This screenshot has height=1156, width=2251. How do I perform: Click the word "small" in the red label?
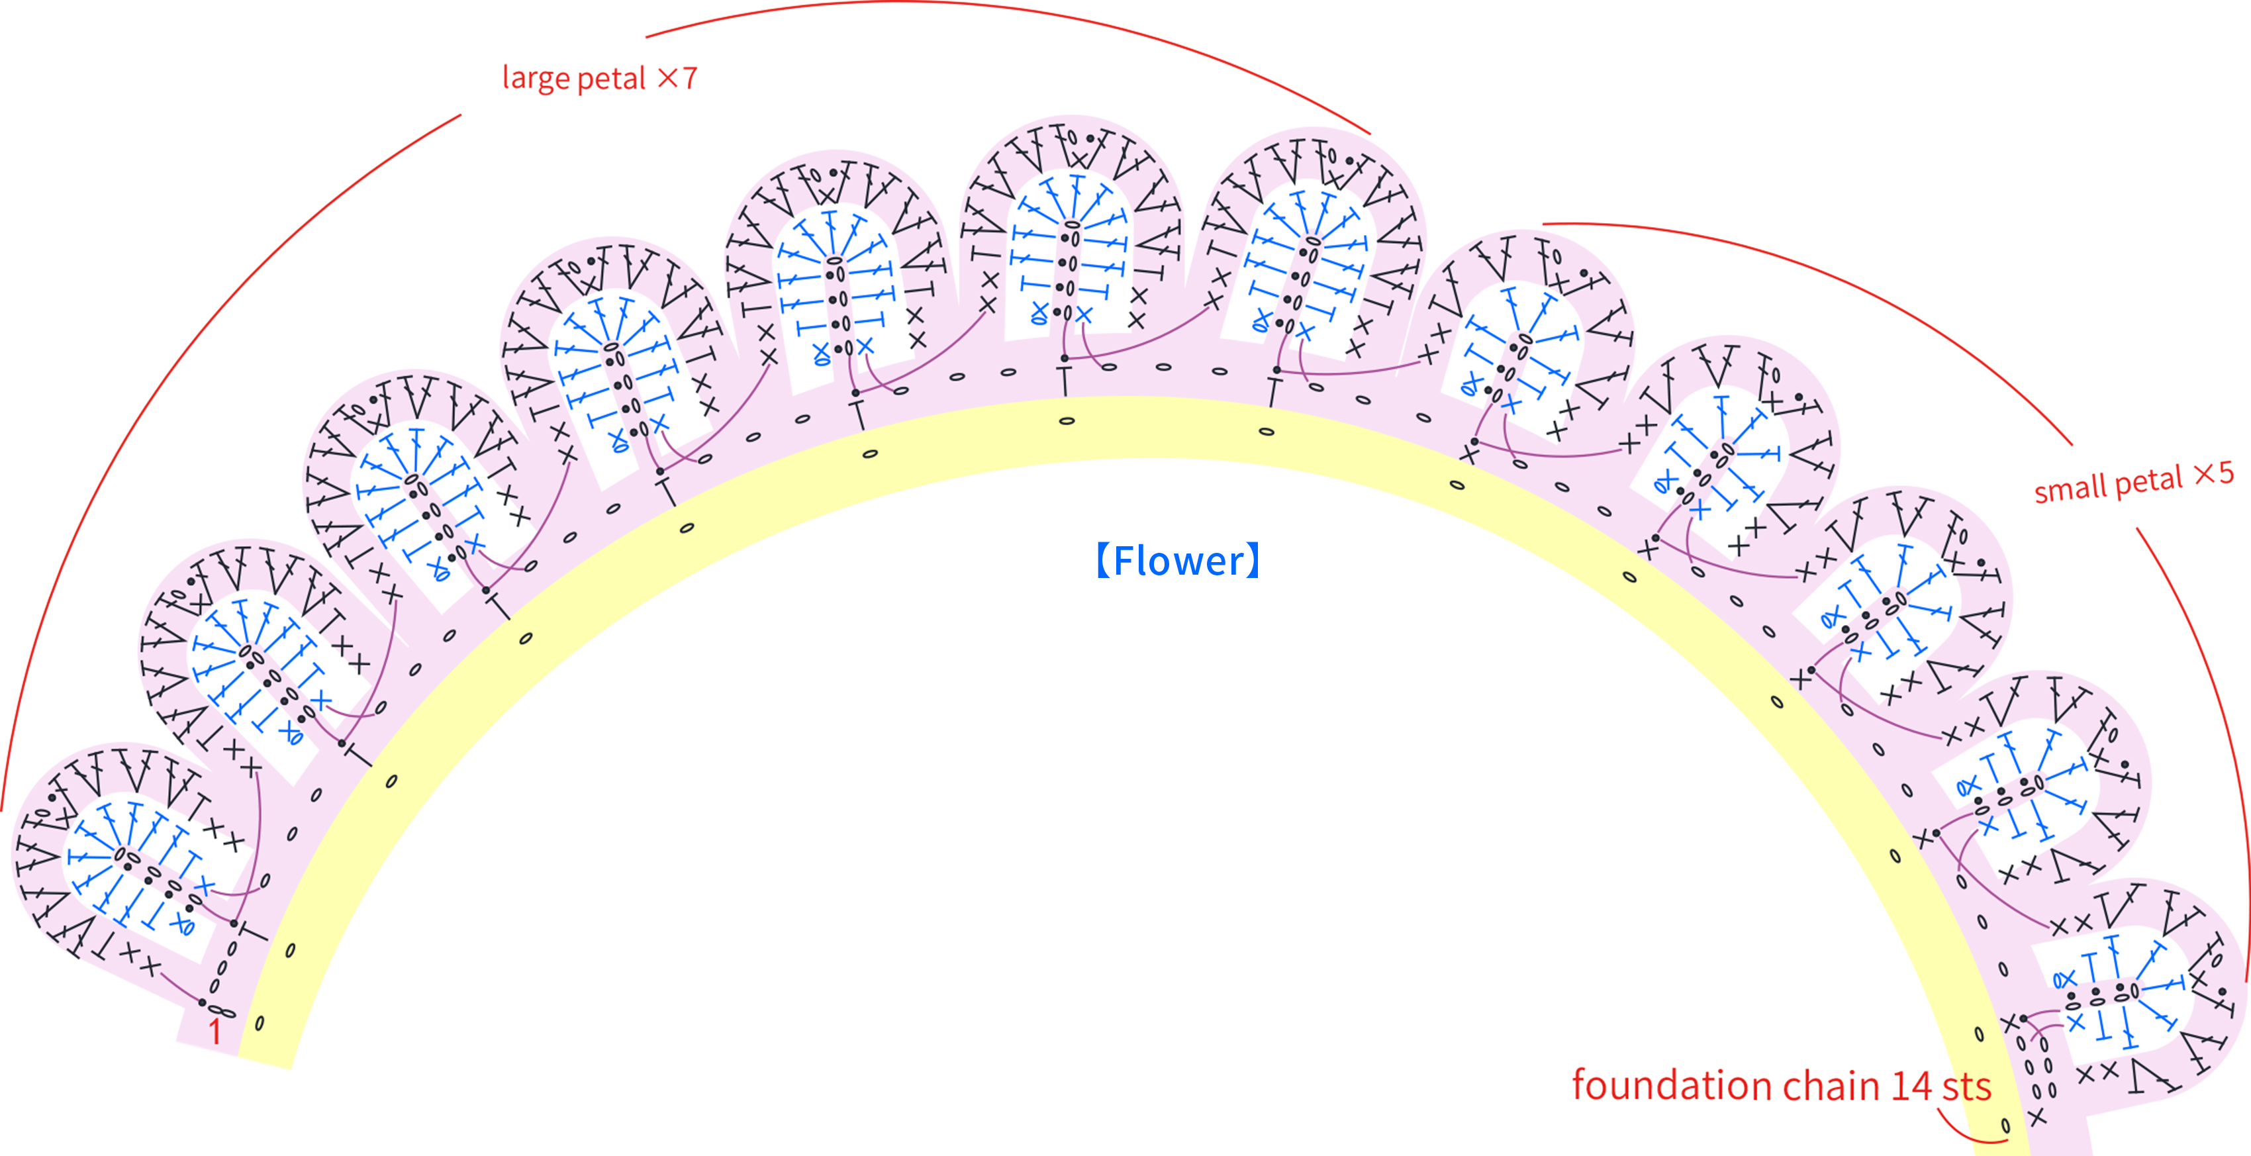coord(2065,489)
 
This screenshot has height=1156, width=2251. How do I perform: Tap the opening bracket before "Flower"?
coord(1104,561)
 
